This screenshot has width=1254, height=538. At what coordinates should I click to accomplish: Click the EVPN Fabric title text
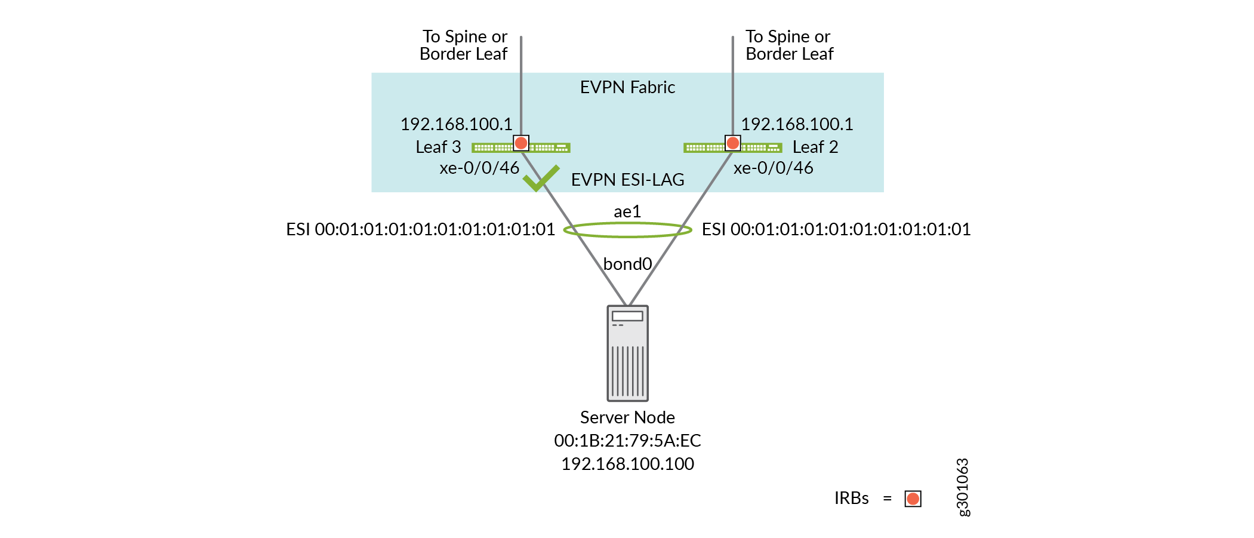coord(627,87)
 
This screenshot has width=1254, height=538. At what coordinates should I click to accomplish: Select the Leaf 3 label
coord(438,147)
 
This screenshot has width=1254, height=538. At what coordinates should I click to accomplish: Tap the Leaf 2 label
coord(815,147)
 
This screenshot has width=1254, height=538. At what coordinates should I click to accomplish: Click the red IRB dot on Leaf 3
coord(521,143)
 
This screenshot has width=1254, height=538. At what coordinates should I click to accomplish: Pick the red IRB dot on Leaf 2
coord(733,143)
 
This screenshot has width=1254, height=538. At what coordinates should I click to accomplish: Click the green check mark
coord(540,178)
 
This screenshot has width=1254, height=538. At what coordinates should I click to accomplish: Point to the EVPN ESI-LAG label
coord(627,180)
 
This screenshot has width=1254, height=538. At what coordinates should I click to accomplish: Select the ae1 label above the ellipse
coord(627,211)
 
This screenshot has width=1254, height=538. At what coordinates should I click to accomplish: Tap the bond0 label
coord(627,264)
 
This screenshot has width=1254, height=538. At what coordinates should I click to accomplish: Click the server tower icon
coord(627,353)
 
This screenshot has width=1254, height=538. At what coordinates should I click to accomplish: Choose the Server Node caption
coord(627,417)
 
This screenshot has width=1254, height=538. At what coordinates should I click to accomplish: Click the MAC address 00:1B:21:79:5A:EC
coord(627,441)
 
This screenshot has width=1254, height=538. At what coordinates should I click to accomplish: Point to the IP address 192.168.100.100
coord(627,464)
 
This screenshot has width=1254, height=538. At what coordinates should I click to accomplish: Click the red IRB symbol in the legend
coord(913,499)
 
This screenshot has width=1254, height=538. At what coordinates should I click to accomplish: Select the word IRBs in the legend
coord(851,498)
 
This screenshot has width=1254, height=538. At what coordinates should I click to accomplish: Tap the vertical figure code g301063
coord(963,487)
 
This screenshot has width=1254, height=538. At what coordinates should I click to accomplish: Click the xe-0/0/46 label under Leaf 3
coord(479,168)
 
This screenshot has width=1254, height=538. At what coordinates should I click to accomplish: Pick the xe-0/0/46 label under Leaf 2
coord(773,168)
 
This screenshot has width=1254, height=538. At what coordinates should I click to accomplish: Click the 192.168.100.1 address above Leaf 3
coord(456,124)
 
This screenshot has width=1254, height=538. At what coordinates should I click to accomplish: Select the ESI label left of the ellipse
coord(420,229)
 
